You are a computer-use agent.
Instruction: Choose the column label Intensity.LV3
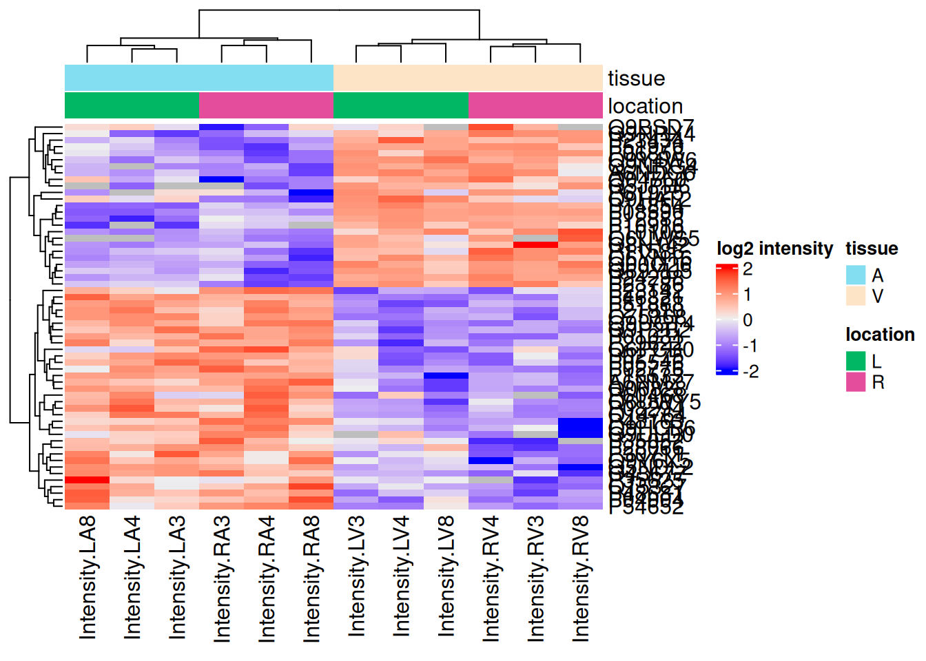tap(356, 576)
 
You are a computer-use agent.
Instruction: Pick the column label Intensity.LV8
tap(446, 576)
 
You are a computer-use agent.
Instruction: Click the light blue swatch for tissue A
tap(856, 275)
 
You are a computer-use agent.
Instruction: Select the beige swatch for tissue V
tap(856, 295)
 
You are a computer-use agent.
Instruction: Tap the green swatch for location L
tap(856, 361)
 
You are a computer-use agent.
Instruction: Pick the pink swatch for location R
tap(856, 381)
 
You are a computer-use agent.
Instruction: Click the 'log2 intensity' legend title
tap(774, 249)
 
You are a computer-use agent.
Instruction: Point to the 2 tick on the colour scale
tap(748, 269)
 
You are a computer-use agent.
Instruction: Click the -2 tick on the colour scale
tap(750, 371)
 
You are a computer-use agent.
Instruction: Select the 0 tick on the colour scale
tap(748, 320)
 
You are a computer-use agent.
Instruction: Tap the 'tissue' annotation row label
tap(636, 78)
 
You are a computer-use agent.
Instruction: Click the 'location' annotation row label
tap(645, 106)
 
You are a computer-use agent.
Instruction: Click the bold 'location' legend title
tap(880, 335)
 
